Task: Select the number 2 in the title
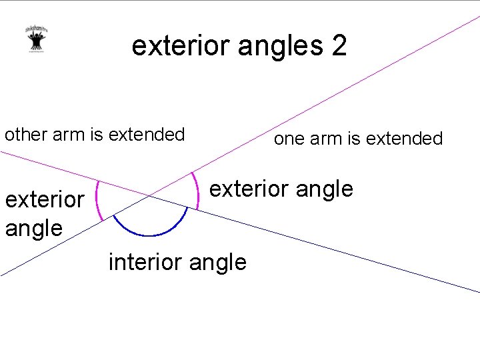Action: click(338, 46)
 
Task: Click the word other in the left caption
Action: click(23, 134)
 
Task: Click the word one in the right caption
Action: click(289, 139)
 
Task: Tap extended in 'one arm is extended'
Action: click(404, 139)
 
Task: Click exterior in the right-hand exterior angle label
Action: click(249, 189)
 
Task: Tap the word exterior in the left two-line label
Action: click(44, 199)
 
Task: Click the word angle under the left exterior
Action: click(33, 228)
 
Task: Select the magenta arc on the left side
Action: click(97, 200)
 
